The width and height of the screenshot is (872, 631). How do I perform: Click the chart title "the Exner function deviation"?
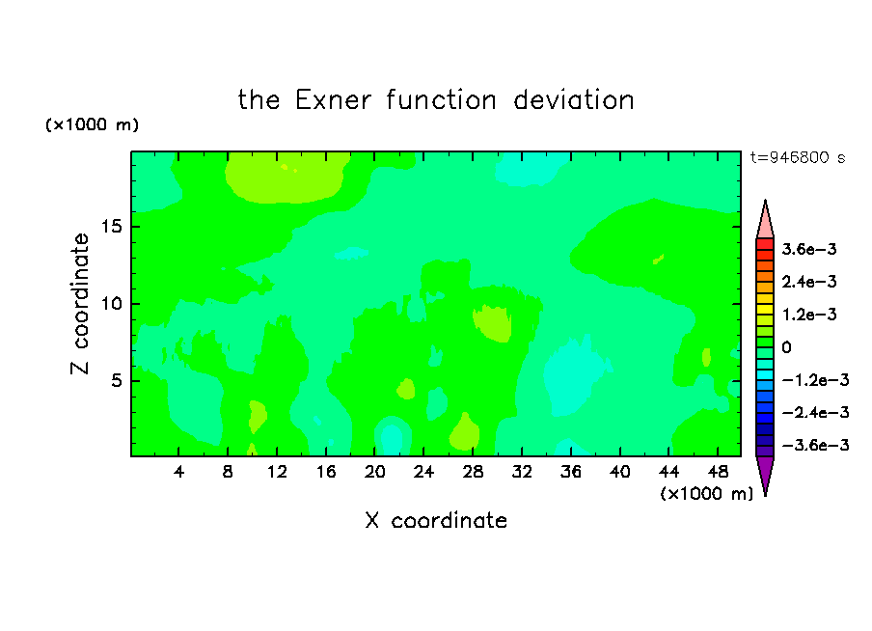click(436, 100)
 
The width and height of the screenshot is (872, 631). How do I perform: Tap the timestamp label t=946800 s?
click(798, 157)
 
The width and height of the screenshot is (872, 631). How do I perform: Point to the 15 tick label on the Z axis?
click(111, 227)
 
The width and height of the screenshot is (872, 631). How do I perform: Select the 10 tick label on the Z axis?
click(111, 304)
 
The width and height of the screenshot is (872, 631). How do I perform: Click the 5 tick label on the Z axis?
click(117, 380)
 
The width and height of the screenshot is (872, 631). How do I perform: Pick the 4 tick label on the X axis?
click(178, 472)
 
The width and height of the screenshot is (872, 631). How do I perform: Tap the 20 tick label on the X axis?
click(375, 472)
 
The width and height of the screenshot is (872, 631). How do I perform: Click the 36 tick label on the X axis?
click(571, 472)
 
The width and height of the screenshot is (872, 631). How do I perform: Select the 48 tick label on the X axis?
click(718, 472)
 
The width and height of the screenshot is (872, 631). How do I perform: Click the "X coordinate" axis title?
click(436, 520)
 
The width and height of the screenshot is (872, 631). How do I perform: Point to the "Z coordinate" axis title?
click(79, 304)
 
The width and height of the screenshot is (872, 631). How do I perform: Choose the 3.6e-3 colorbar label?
click(809, 249)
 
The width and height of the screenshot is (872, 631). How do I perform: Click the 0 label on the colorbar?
click(786, 347)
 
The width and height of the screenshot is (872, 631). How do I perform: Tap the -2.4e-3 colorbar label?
click(815, 413)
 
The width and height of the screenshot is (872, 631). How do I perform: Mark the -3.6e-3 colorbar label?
click(815, 445)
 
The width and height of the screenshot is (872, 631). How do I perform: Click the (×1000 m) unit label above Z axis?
click(92, 124)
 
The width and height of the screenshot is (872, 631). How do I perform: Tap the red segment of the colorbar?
click(765, 244)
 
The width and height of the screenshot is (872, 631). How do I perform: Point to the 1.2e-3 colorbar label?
click(809, 315)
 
